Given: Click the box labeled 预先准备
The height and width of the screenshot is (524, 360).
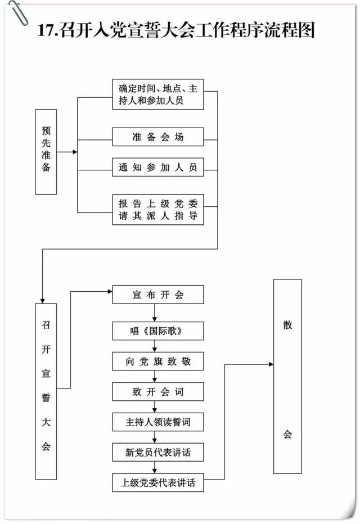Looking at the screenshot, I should [46, 152].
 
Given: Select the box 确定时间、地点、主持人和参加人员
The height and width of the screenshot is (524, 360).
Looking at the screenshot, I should [157, 94].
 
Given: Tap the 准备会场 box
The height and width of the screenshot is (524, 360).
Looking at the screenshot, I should [157, 137].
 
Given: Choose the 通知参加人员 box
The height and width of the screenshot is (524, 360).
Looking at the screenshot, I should [157, 167].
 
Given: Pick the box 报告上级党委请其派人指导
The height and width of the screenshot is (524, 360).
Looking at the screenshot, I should [157, 209].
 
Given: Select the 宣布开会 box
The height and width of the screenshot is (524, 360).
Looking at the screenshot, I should [157, 295].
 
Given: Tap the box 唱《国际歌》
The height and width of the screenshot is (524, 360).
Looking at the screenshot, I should [157, 331].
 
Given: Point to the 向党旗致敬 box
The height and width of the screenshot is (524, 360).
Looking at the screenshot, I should [157, 362].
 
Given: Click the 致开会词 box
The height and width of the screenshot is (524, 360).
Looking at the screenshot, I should [157, 391].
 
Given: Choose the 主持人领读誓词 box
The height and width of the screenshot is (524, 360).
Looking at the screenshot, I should [157, 421].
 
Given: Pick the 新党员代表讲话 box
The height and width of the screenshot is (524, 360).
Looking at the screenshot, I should [157, 451].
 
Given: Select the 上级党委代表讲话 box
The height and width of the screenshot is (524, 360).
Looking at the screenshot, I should [157, 482].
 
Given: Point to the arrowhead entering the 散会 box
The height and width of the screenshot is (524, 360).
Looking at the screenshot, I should [271, 364].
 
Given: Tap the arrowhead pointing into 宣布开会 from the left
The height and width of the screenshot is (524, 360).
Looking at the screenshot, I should [109, 291].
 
